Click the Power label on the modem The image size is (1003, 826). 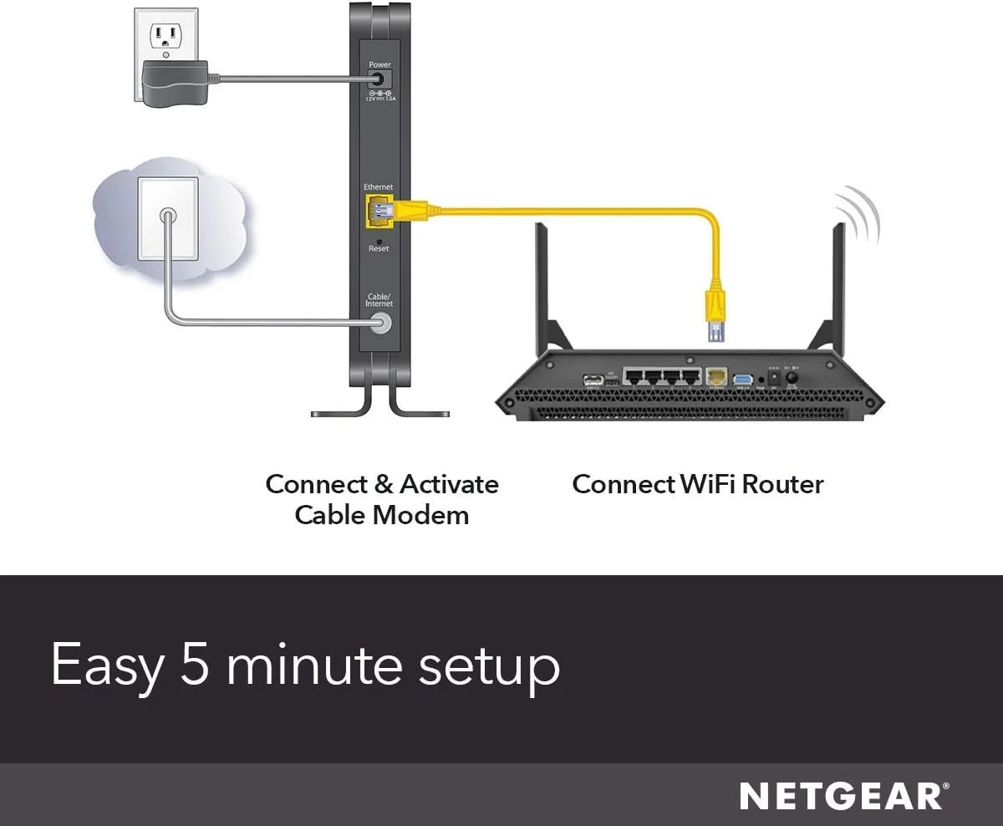coord(379,64)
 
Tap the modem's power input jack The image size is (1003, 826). coord(379,79)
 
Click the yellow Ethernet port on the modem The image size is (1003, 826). coord(377,210)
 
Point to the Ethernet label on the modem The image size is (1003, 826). coord(378,186)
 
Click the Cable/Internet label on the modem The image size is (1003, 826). coord(379,300)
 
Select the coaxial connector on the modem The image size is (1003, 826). coord(379,323)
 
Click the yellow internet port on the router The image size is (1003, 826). coord(716,377)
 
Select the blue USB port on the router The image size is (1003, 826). coord(741,379)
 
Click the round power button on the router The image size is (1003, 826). coord(792,378)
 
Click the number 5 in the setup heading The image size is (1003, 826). coord(197,666)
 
